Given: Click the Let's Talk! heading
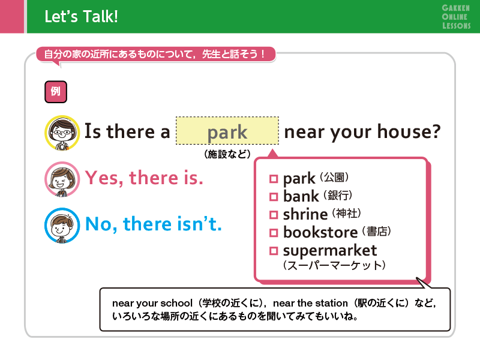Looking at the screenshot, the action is (x=81, y=17).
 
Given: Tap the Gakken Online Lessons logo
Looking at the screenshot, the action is (x=456, y=17).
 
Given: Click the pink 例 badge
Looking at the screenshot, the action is (x=56, y=92).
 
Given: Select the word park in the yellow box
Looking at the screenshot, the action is (x=227, y=133).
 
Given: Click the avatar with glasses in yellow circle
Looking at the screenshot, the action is (x=62, y=133).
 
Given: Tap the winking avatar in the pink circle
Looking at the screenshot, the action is (x=62, y=179).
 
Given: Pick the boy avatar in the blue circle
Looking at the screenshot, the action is (x=62, y=226).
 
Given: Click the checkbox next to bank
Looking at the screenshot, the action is (x=274, y=197).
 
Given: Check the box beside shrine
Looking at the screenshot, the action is (x=274, y=215).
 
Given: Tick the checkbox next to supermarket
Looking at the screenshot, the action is (x=274, y=251).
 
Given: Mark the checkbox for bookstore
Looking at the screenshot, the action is (x=274, y=233).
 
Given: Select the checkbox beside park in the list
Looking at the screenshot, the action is (x=274, y=178).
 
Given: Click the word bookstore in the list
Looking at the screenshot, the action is (x=320, y=232).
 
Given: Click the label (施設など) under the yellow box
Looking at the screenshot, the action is (x=227, y=154).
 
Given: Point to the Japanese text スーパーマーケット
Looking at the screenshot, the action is (x=334, y=265).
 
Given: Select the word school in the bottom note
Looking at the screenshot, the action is (x=176, y=303).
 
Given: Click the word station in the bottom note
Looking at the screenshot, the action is (x=332, y=303).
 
